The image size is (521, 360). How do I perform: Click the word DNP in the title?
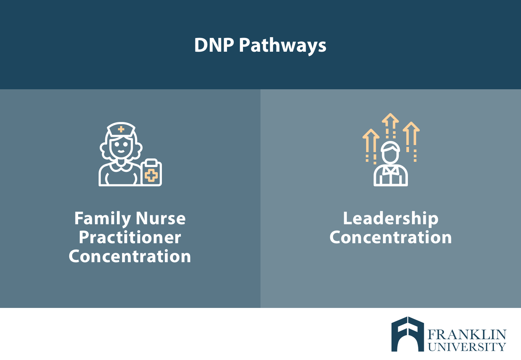coord(214,45)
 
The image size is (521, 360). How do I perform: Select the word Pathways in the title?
coord(282,46)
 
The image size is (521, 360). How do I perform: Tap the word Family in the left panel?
coord(103,219)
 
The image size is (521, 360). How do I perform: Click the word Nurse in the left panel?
coord(161,218)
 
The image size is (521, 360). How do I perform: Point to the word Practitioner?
coord(130,238)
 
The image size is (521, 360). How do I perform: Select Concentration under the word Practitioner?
coord(130,256)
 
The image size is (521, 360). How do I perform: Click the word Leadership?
coord(391,219)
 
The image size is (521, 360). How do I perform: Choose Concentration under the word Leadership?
coord(391,238)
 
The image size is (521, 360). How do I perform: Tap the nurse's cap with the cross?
coord(121,129)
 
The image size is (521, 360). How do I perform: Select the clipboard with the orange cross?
coord(151,173)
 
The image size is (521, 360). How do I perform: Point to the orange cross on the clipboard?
coord(151,175)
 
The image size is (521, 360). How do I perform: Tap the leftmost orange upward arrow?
coord(371,147)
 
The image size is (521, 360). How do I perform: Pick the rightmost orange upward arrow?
coord(411,141)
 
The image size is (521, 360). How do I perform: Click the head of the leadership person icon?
coord(390,152)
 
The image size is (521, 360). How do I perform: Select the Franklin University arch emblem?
coord(408,334)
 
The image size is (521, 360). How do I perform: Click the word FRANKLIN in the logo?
coord(467,335)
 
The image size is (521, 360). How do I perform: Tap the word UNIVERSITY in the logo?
coord(467,347)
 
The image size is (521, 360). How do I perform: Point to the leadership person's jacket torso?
coord(390,176)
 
